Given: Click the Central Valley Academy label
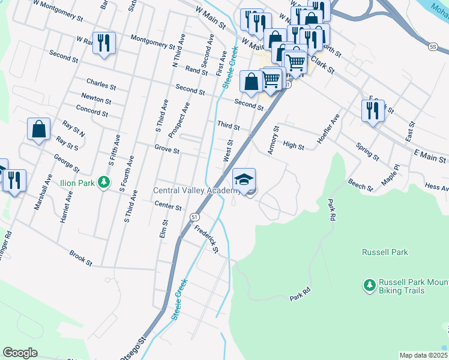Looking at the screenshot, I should (197, 191).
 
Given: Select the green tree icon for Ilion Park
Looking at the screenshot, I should (104, 181).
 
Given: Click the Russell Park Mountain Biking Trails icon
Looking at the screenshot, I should (369, 284).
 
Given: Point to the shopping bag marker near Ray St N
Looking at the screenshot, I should (39, 130).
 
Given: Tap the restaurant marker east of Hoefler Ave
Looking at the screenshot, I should (373, 111).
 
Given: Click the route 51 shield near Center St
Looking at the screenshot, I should (194, 216).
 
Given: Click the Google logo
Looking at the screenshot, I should (20, 352).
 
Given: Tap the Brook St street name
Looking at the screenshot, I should (80, 258).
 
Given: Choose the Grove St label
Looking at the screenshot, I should (167, 149).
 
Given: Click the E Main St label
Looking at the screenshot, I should (430, 157).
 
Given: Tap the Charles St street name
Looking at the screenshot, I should (100, 82).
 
